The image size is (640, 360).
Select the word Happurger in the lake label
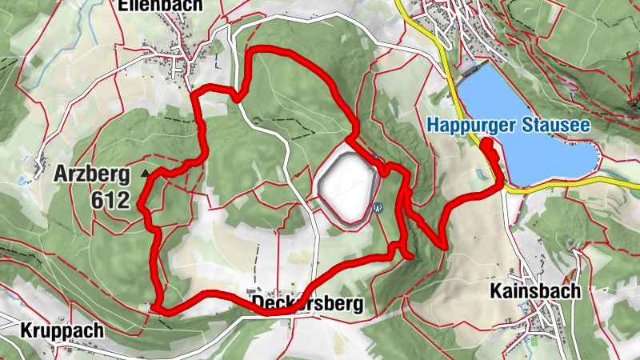468,125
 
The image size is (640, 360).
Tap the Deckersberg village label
307,304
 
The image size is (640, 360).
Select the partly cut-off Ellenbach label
160,5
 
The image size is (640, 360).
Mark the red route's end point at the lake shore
485,143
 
